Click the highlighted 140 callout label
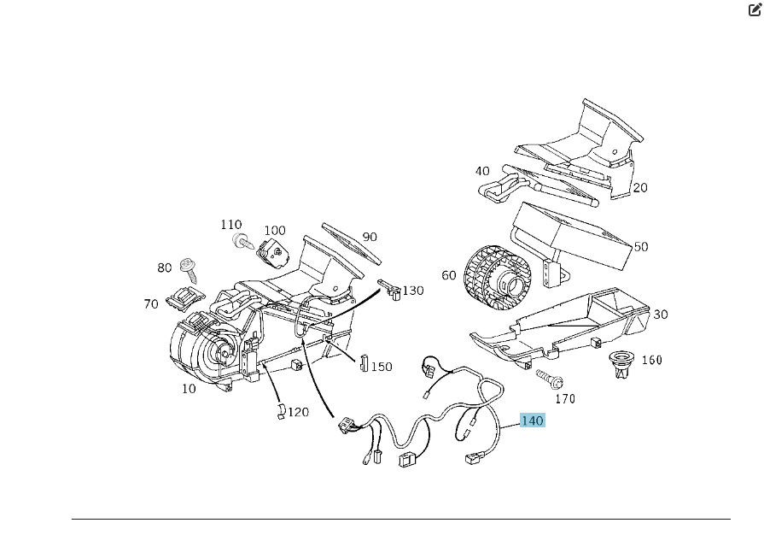pyautogui.click(x=531, y=420)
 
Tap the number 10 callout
pyautogui.click(x=189, y=389)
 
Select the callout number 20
pyautogui.click(x=640, y=188)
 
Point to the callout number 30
pyautogui.click(x=660, y=315)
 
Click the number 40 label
pyautogui.click(x=482, y=171)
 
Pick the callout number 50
pyautogui.click(x=640, y=247)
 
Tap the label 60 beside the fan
pyautogui.click(x=449, y=275)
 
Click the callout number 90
pyautogui.click(x=370, y=237)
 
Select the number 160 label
pyautogui.click(x=651, y=360)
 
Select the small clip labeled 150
pyautogui.click(x=362, y=363)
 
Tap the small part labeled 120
pyautogui.click(x=278, y=412)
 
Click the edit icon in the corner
pyautogui.click(x=755, y=10)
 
